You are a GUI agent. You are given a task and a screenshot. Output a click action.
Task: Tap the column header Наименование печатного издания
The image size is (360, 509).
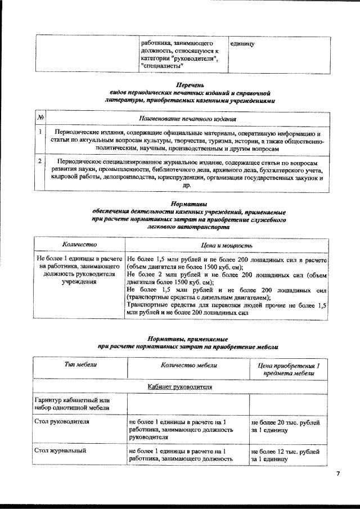point(187,119)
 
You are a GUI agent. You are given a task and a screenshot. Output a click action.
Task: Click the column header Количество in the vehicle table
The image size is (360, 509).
point(79,245)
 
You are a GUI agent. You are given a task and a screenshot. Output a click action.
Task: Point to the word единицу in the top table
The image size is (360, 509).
point(242,43)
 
